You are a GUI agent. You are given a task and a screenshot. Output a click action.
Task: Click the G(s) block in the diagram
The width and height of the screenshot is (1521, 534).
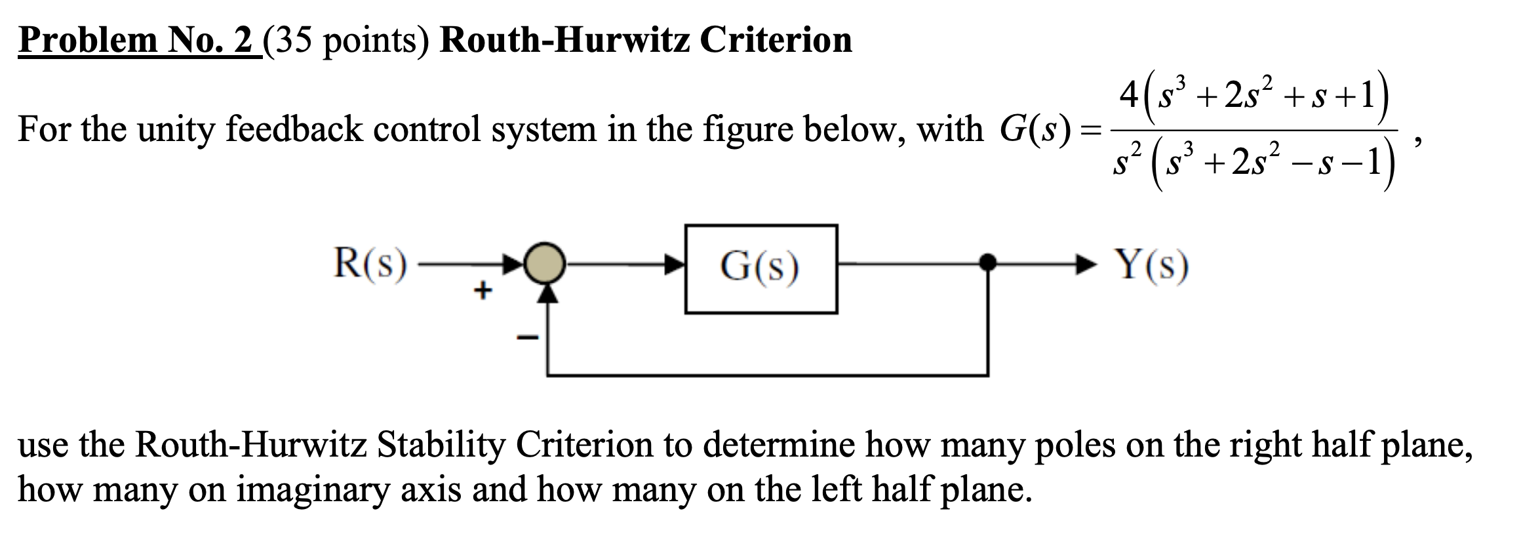coord(760,269)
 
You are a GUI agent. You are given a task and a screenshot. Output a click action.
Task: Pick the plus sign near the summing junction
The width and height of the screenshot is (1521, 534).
coord(483,289)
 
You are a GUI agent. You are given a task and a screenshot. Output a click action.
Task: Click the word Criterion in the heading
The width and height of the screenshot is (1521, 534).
coord(776,40)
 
